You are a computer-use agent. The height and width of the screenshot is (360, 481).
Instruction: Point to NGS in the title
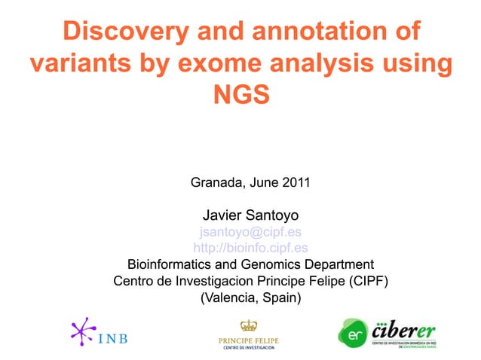(x=241, y=96)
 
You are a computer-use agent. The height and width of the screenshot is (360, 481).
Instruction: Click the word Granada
(x=216, y=182)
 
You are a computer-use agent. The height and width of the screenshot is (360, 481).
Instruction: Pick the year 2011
(x=296, y=182)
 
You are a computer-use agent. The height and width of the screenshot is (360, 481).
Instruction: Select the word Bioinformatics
(x=169, y=265)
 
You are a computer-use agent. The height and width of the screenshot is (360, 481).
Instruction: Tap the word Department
(x=338, y=265)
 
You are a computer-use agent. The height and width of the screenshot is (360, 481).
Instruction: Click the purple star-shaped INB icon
(x=82, y=331)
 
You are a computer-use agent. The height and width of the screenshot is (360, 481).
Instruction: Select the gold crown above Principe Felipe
(x=248, y=325)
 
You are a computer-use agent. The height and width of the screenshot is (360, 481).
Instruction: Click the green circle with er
(x=352, y=332)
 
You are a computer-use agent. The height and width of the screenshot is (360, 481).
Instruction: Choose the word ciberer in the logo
(x=405, y=329)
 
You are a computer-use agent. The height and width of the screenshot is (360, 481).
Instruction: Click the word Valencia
(x=228, y=298)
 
